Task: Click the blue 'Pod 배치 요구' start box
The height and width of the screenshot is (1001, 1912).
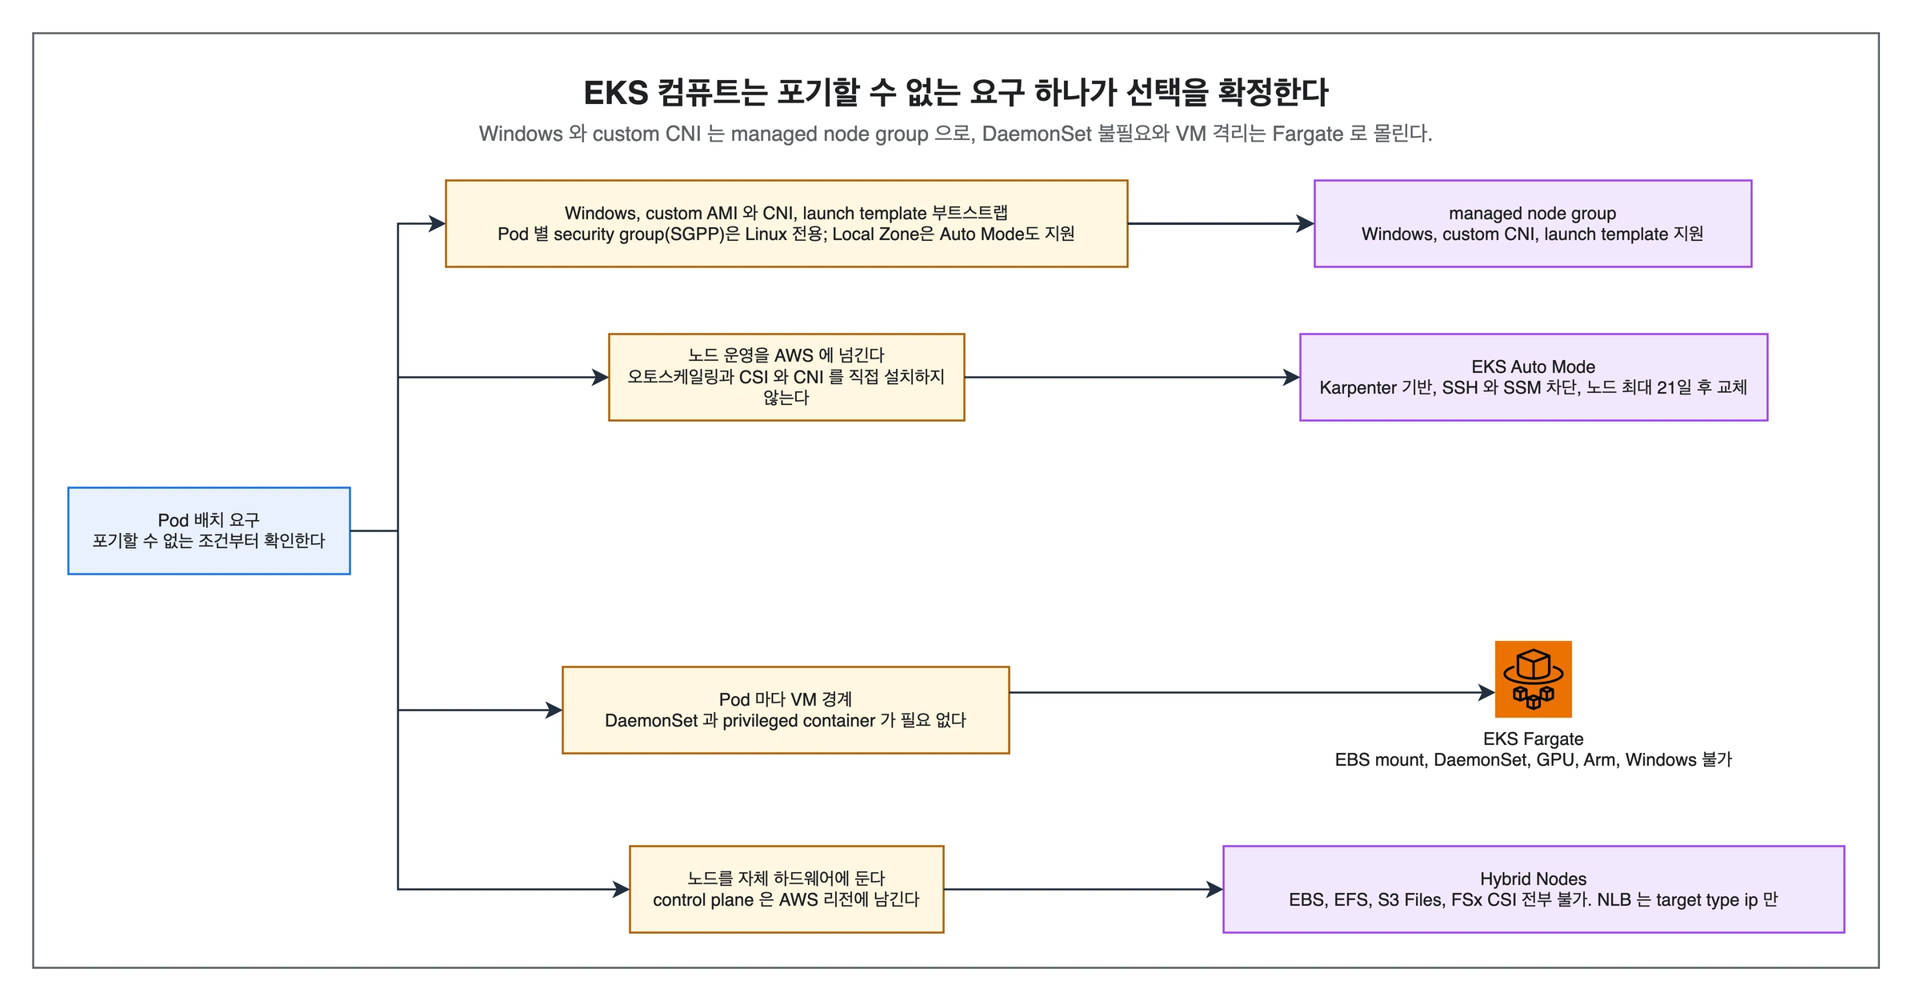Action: pyautogui.click(x=209, y=531)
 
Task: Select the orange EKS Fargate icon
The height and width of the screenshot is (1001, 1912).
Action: pyautogui.click(x=1533, y=679)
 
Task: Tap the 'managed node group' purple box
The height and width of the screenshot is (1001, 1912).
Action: pyautogui.click(x=1532, y=223)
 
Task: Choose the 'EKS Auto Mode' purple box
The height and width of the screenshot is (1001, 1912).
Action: pyautogui.click(x=1533, y=377)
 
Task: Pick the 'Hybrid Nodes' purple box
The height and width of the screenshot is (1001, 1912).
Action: pyautogui.click(x=1533, y=889)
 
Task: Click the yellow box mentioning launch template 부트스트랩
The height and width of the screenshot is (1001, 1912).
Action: pyautogui.click(x=786, y=223)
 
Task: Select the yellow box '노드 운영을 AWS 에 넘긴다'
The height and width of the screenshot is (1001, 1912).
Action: pyautogui.click(x=786, y=377)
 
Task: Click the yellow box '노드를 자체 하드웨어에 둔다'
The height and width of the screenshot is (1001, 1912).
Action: pyautogui.click(x=786, y=889)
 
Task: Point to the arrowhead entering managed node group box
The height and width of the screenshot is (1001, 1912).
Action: pyautogui.click(x=1306, y=223)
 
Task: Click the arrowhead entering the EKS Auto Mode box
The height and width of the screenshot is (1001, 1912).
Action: pyautogui.click(x=1291, y=377)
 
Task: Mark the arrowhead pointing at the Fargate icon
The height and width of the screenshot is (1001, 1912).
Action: pyautogui.click(x=1486, y=692)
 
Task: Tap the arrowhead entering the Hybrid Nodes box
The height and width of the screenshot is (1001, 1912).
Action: pyautogui.click(x=1214, y=889)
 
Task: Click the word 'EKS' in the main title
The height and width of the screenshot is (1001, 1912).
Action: pyautogui.click(x=615, y=93)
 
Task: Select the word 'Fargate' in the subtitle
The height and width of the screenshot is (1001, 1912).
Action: pyautogui.click(x=1307, y=134)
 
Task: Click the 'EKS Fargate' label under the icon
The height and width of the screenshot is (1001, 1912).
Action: pyautogui.click(x=1533, y=739)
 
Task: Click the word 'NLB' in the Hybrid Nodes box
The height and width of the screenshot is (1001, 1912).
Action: pyautogui.click(x=1614, y=899)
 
